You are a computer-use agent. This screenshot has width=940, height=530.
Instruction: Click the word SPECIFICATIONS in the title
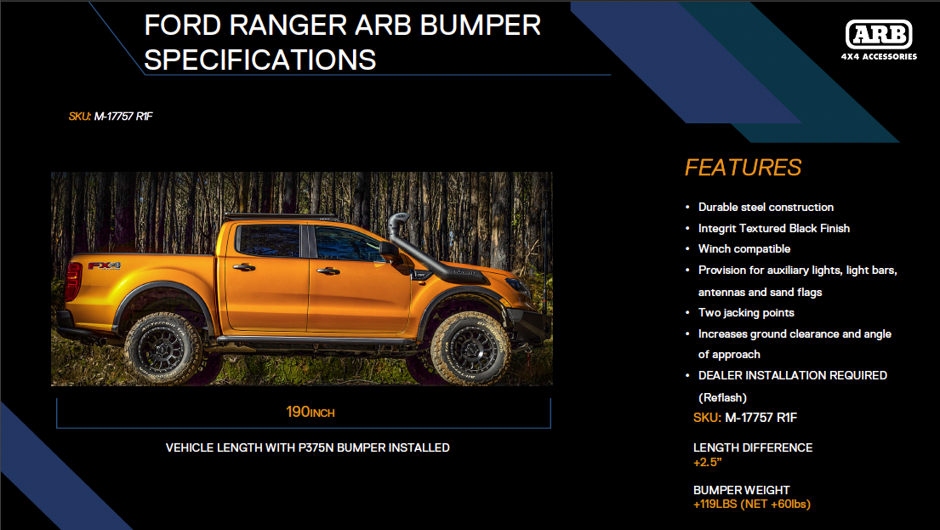coord(260,60)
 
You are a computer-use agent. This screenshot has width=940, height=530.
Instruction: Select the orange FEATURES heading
coord(743,168)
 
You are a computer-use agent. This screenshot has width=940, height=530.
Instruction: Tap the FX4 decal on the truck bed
coord(105,265)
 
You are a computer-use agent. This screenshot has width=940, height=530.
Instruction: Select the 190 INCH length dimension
coord(310,413)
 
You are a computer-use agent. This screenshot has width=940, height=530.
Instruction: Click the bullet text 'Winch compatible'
coord(744,249)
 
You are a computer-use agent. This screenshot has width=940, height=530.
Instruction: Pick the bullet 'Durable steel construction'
coord(766,208)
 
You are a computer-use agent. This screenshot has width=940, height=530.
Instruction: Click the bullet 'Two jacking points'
coord(746,313)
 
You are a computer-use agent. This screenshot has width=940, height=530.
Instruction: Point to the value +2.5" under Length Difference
coord(707,463)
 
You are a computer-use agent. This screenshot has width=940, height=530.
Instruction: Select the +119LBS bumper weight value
coord(751,504)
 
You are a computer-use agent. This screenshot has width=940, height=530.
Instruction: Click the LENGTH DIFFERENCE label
coord(753,447)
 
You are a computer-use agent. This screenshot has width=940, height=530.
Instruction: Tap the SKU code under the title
coord(111,117)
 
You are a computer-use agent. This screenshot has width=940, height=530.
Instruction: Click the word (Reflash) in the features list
coord(722,397)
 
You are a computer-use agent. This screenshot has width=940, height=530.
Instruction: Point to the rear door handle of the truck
coord(244,268)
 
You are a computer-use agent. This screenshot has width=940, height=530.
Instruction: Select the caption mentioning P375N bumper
coord(307,447)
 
